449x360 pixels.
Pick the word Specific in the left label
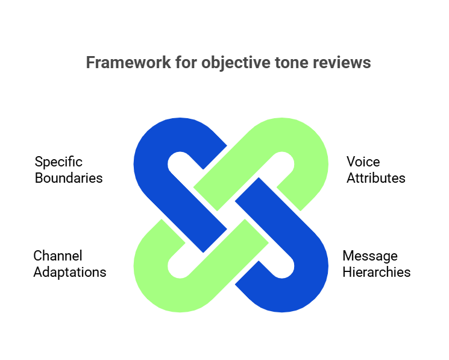58,162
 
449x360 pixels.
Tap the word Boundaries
69,178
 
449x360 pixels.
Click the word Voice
363,162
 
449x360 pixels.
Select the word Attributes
375,178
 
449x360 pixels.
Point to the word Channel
58,256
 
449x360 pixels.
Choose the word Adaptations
70,272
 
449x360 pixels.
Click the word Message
370,256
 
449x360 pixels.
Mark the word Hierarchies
377,272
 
